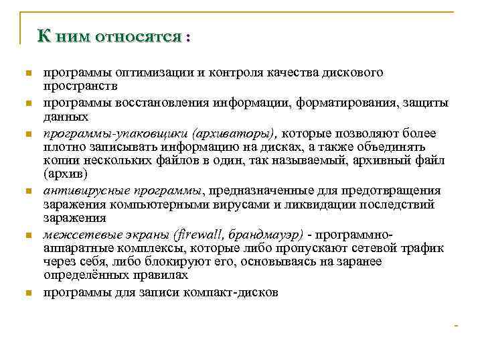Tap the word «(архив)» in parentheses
(65, 175)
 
